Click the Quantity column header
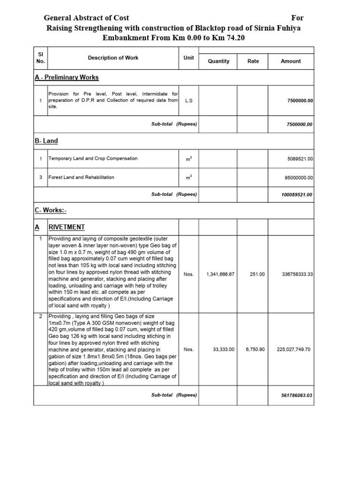pyautogui.click(x=218, y=61)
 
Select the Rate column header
pyautogui.click(x=253, y=61)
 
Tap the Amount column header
pyautogui.click(x=291, y=61)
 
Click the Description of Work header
pyautogui.click(x=113, y=58)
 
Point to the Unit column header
pyautogui.click(x=189, y=58)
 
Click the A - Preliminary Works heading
pyautogui.click(x=67, y=77)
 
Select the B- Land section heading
pyautogui.click(x=46, y=141)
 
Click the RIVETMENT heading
pyautogui.click(x=67, y=227)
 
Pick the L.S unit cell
pyautogui.click(x=189, y=100)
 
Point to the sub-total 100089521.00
pyautogui.click(x=296, y=195)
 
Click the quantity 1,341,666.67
pyautogui.click(x=220, y=274)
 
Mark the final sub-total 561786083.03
pyautogui.click(x=296, y=395)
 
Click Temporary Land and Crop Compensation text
pyautogui.click(x=93, y=158)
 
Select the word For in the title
pyautogui.click(x=298, y=18)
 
